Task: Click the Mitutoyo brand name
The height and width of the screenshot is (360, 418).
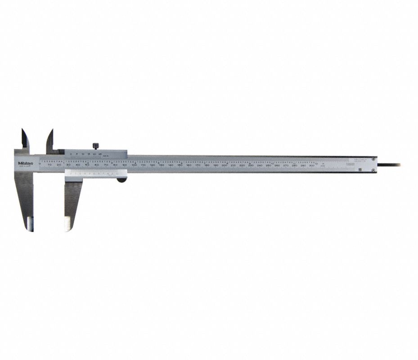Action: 25,163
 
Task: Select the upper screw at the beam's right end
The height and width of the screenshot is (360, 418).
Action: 373,158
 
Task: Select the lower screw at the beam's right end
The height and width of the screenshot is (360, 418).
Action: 373,170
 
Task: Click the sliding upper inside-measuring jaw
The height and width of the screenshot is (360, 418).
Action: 49,139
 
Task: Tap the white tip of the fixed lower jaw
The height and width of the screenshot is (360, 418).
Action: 29,224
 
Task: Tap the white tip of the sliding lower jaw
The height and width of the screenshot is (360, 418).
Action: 68,224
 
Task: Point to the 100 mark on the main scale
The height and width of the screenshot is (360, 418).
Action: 134,166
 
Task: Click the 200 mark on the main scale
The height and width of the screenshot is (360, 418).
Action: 224,166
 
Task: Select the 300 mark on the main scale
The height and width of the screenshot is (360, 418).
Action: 312,166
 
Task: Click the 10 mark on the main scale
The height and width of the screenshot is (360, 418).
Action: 49,166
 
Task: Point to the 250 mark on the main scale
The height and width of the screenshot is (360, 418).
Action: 268,166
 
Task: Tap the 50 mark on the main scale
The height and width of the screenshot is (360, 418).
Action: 87,166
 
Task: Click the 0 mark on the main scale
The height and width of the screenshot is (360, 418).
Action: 40,166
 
